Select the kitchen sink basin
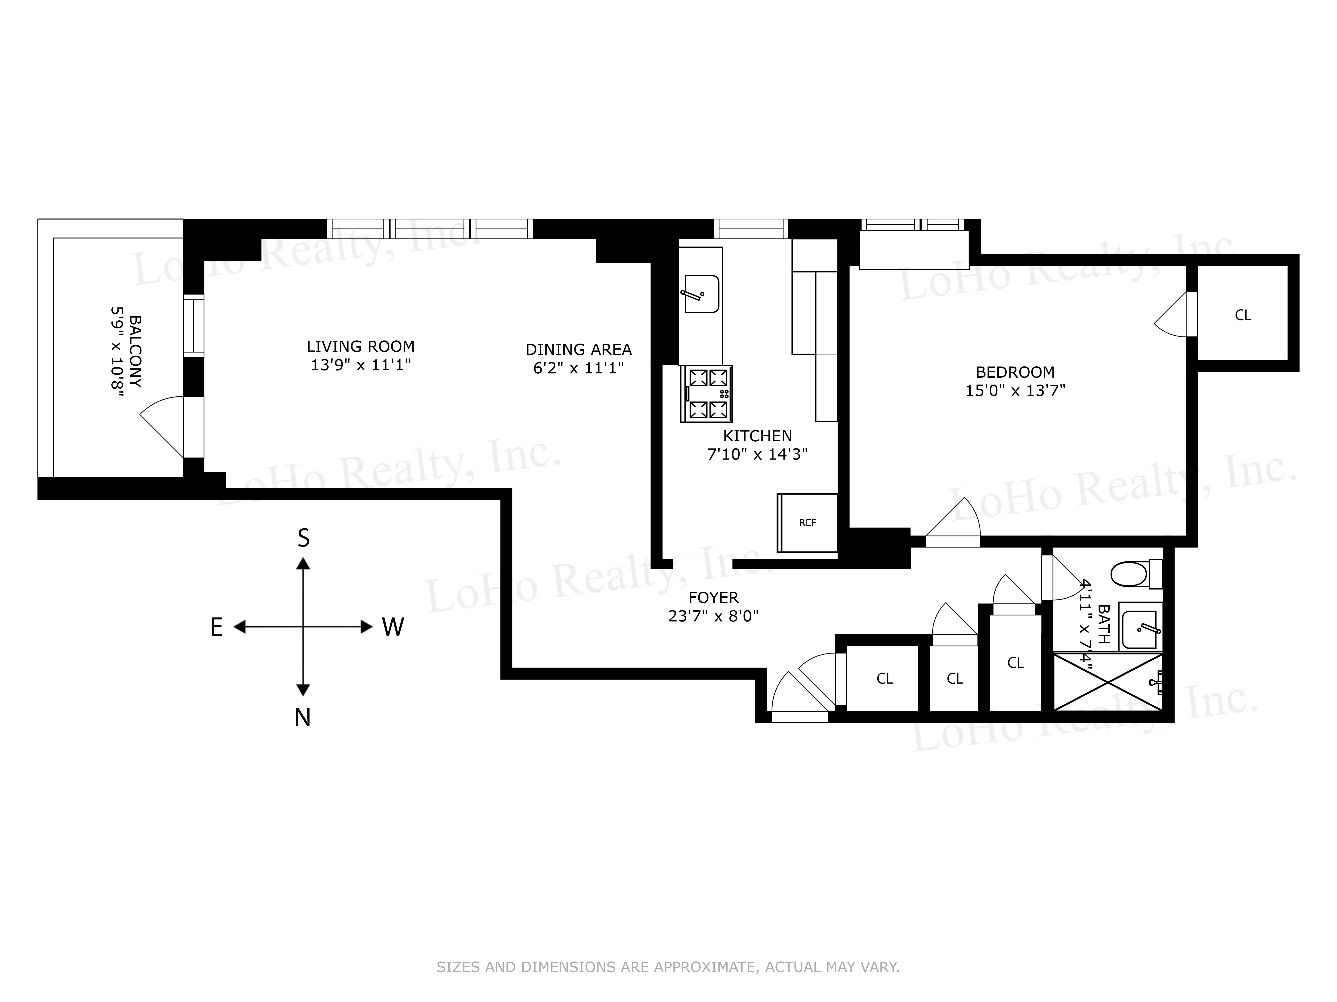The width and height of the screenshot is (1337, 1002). coord(702,294)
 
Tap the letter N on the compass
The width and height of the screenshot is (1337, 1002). coord(302,717)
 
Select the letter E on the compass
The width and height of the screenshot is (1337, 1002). coord(216,627)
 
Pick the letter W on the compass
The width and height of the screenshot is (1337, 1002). coord(393,627)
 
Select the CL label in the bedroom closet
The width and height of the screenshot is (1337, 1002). coord(1243,315)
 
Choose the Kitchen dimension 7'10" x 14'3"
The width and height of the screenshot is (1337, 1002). coord(757,454)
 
